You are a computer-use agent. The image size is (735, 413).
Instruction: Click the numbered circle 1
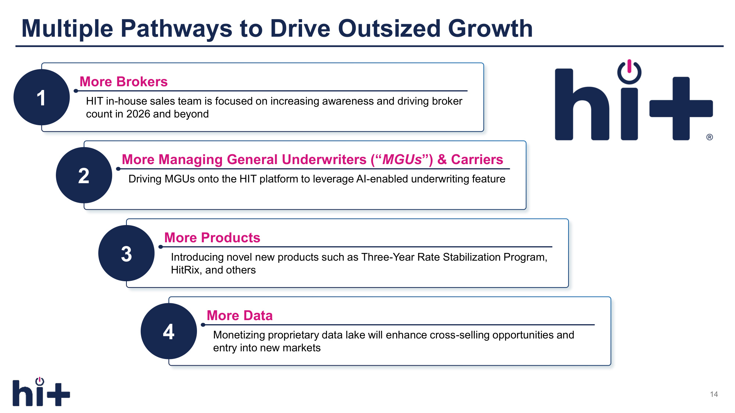[42, 97]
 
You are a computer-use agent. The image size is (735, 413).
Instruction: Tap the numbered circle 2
[84, 175]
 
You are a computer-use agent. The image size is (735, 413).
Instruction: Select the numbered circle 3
[126, 253]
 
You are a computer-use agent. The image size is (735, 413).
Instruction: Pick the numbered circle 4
[169, 331]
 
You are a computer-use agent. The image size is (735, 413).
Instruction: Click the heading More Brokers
[123, 81]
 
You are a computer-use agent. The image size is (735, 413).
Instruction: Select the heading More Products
[212, 238]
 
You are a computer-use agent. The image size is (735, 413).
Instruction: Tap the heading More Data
[240, 315]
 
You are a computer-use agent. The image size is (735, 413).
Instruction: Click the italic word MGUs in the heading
[402, 159]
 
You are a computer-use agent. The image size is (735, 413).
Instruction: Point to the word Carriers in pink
[477, 159]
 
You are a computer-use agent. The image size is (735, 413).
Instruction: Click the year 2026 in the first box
[138, 114]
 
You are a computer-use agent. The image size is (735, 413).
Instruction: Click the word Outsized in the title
[389, 28]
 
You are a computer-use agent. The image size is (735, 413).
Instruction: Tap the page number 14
[714, 394]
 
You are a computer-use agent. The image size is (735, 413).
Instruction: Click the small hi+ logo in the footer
[41, 392]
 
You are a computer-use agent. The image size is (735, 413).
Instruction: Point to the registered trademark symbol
[710, 137]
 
